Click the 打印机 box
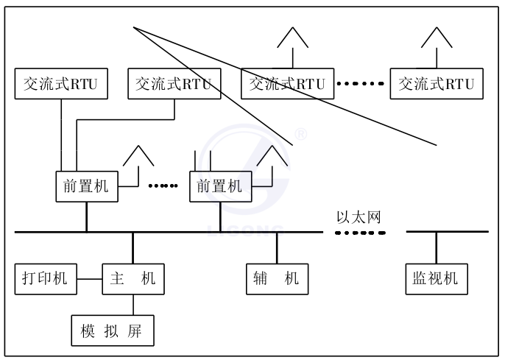click(x=46, y=278)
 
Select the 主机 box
click(x=133, y=278)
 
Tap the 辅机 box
click(x=277, y=278)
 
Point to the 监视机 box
click(x=436, y=278)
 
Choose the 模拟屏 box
click(x=115, y=330)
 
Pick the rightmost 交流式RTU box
click(x=437, y=84)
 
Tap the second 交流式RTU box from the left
click(x=174, y=84)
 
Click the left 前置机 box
click(x=86, y=186)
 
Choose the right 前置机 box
click(x=219, y=186)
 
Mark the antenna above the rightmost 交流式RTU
click(x=437, y=38)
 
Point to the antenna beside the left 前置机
click(x=138, y=156)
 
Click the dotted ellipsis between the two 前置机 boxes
click(x=163, y=186)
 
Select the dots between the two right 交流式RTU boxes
click(x=361, y=84)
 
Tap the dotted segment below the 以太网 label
click(x=361, y=232)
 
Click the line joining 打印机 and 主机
click(x=88, y=279)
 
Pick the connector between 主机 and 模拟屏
click(x=133, y=304)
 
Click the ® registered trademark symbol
click(x=300, y=135)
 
